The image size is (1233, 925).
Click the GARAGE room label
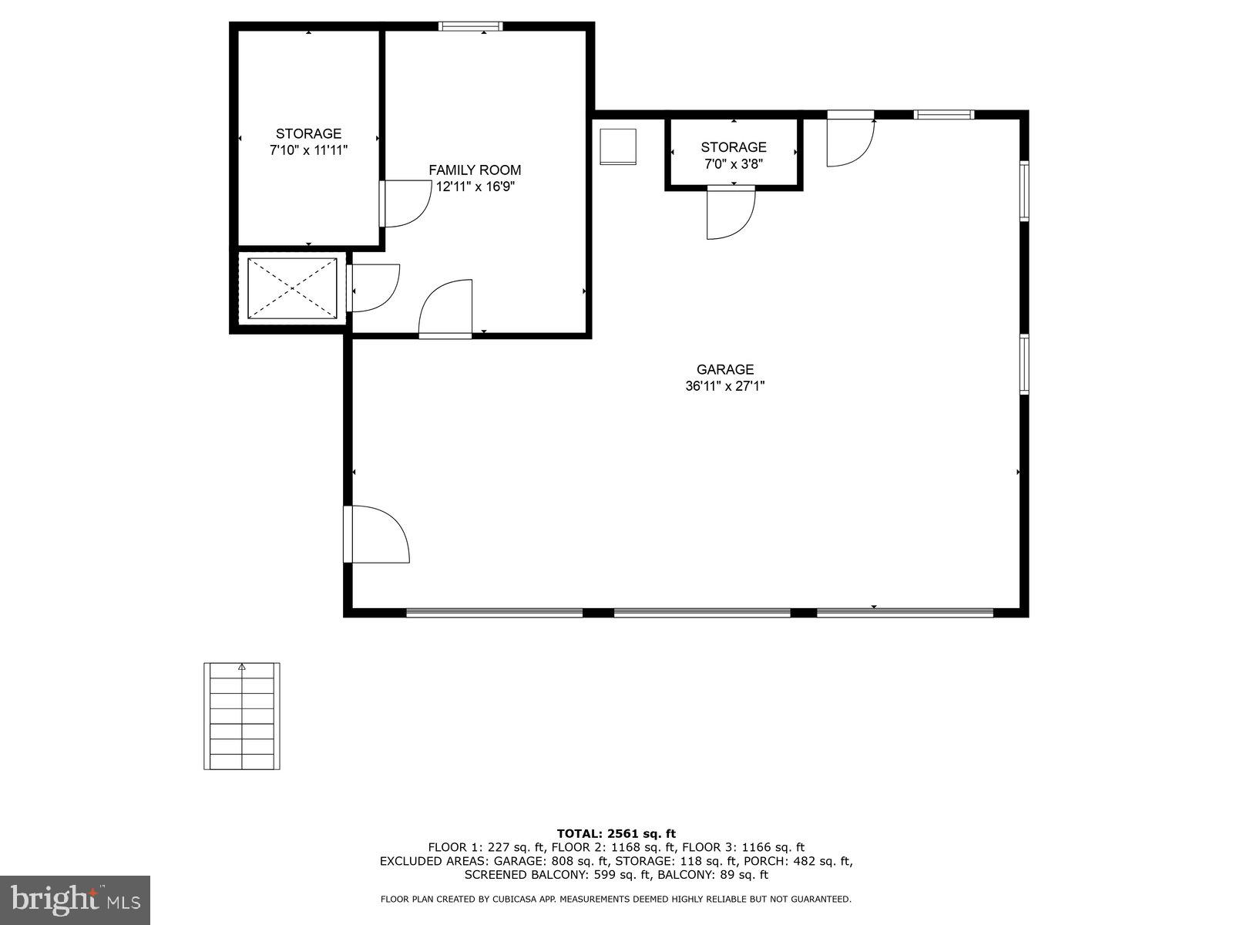[724, 370]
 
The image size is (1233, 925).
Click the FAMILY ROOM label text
[475, 170]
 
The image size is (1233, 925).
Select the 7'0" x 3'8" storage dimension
[733, 163]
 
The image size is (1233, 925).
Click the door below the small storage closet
[730, 212]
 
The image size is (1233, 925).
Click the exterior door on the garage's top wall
[850, 140]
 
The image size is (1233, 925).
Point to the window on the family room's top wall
[470, 26]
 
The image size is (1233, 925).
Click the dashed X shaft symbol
[292, 288]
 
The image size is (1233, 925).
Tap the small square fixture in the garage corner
[618, 146]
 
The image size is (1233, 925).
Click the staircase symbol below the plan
[242, 716]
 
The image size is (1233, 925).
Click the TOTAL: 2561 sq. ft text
[616, 833]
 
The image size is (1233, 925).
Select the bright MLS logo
[75, 900]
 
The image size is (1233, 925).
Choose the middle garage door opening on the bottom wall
[702, 613]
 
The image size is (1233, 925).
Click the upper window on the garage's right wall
[1024, 190]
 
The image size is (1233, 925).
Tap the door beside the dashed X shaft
[373, 288]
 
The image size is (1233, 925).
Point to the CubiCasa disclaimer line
[616, 899]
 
